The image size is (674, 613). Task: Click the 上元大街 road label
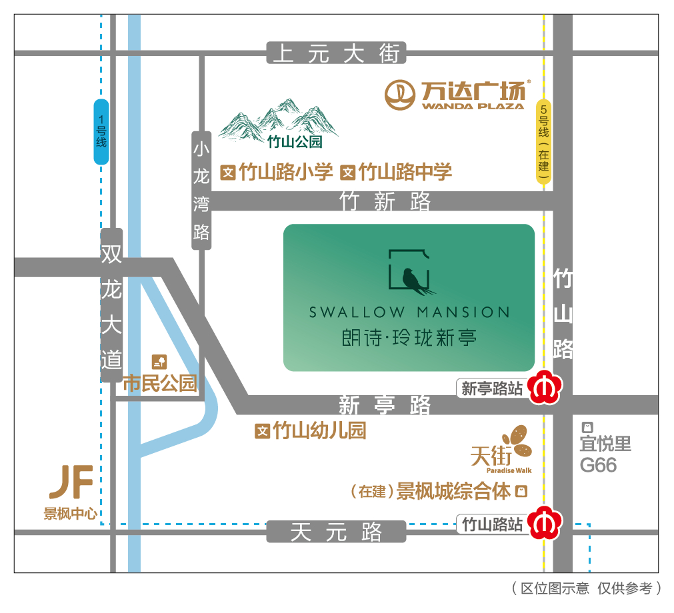point(336,53)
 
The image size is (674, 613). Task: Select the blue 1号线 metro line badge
point(101,131)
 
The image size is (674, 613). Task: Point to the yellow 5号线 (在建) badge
point(545,143)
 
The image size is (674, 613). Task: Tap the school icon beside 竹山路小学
point(229,173)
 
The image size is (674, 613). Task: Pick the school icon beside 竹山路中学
point(347,173)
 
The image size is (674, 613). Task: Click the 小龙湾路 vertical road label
point(201,190)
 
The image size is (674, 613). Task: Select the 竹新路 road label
point(385,201)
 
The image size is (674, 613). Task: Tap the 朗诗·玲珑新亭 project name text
point(407,337)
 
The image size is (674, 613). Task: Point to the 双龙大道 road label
point(111,306)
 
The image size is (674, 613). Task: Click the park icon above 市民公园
point(159,362)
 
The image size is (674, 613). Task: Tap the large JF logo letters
point(71,482)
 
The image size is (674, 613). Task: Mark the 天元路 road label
point(336,532)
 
